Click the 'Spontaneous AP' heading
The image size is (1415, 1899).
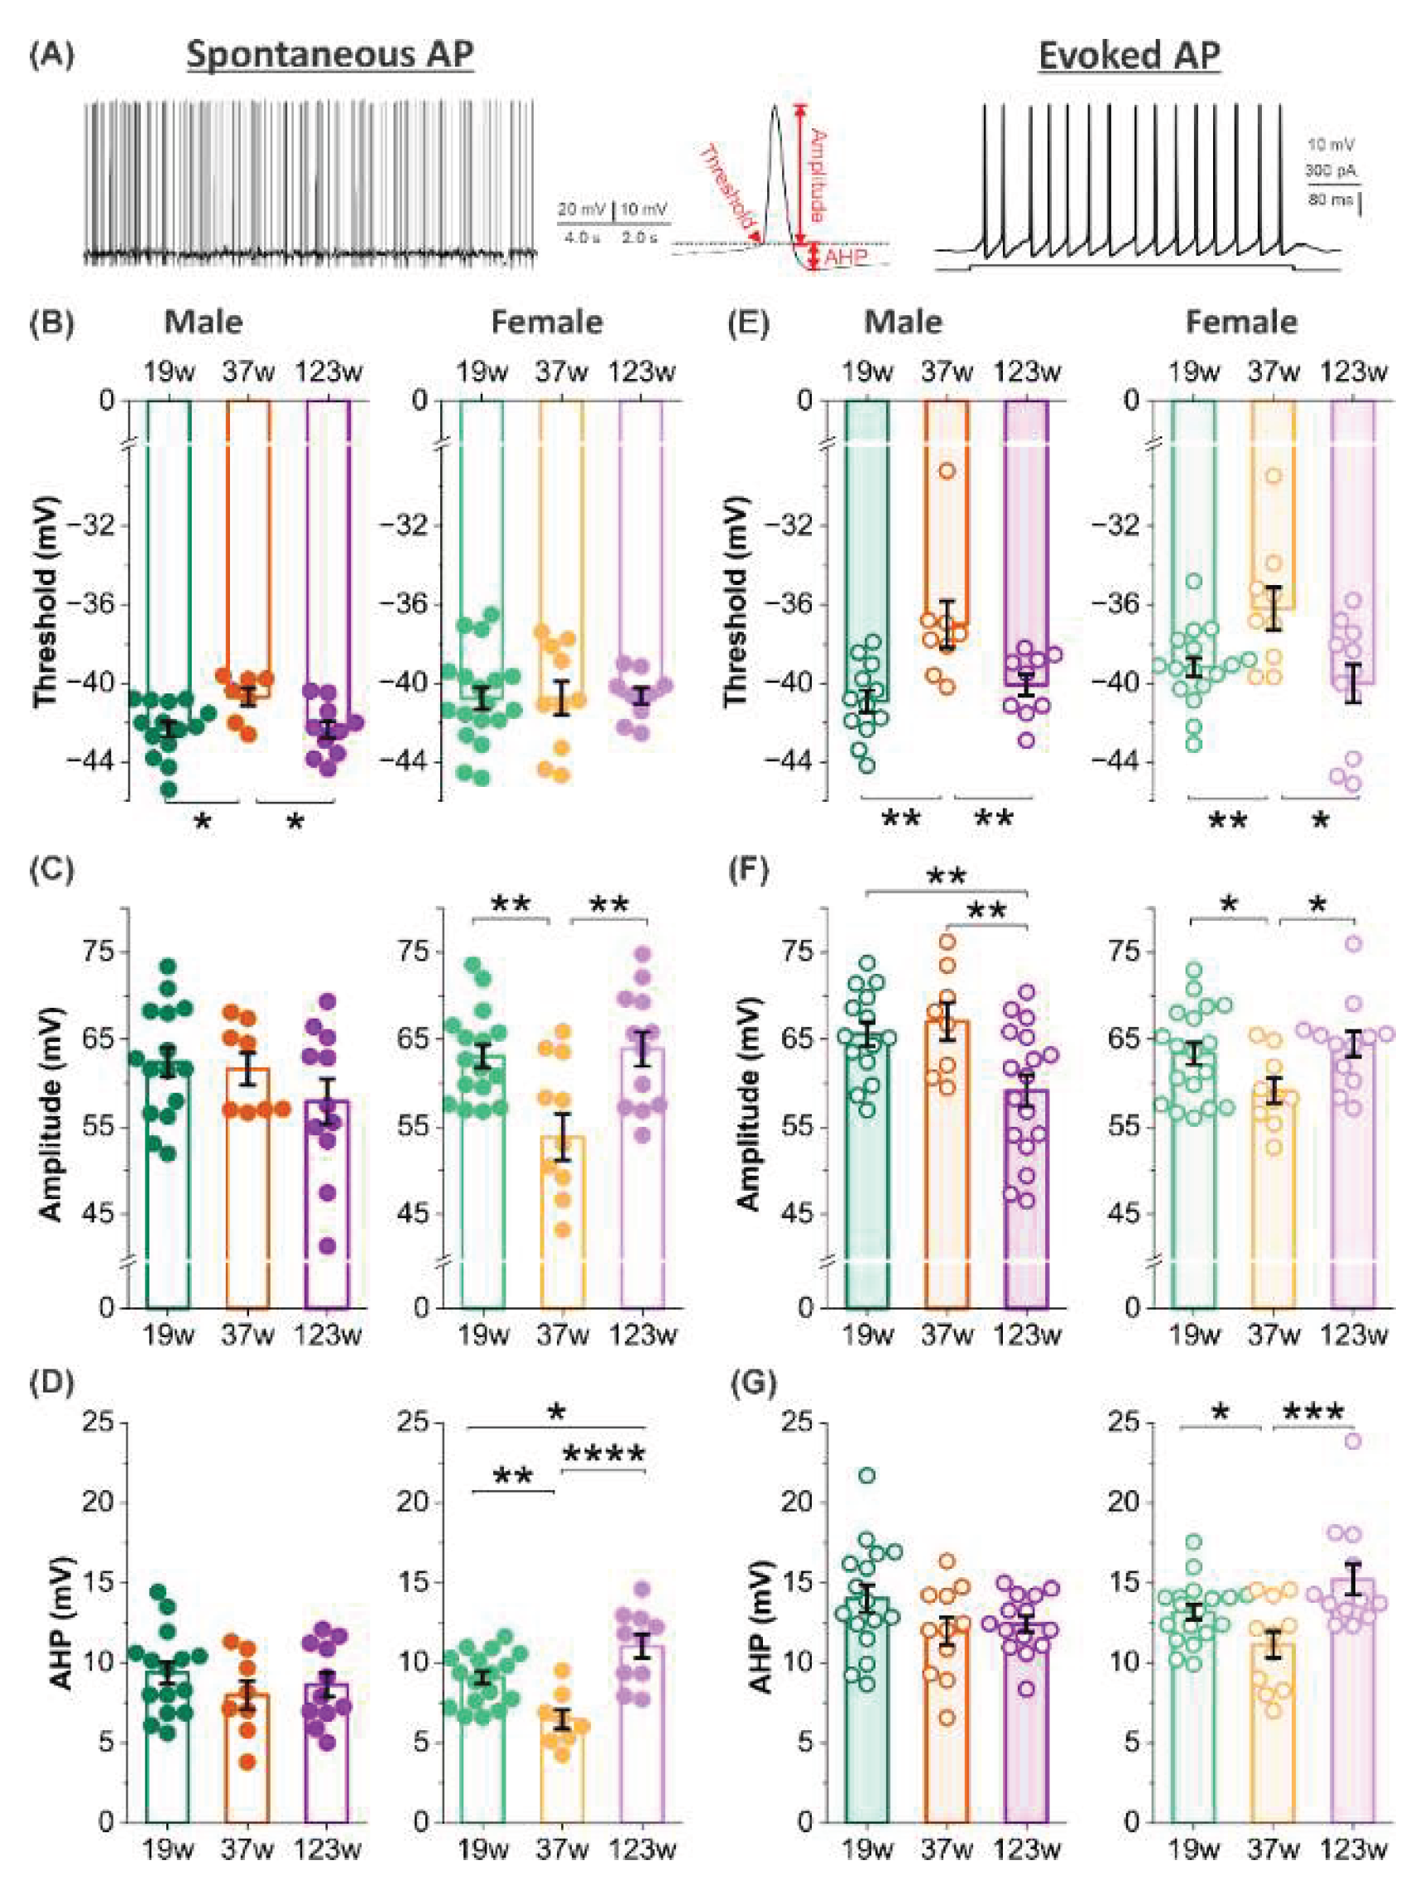pos(330,55)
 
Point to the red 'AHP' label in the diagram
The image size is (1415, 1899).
pos(847,258)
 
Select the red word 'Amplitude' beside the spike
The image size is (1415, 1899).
pos(817,175)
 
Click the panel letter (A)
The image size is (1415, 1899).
pos(51,56)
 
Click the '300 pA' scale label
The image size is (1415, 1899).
pos(1331,171)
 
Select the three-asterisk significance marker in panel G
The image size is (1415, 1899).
pos(1313,1412)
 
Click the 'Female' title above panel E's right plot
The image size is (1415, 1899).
pos(1241,322)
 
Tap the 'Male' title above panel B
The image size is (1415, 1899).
pos(203,322)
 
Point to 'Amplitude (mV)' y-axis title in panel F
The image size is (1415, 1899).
pos(750,1104)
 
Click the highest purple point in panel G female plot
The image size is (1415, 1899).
pos(1353,1441)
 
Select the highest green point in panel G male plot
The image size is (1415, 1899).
pos(867,1475)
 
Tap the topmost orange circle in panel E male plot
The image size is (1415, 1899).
pos(947,470)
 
